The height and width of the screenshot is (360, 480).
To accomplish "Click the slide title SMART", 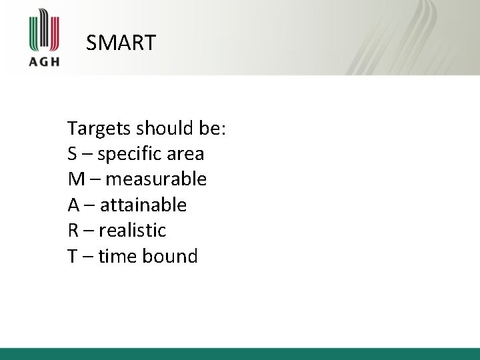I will (121, 43).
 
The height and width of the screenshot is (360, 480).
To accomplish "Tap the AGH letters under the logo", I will (45, 61).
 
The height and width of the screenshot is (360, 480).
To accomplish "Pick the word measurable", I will (156, 179).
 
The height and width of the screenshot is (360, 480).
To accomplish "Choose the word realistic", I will (133, 231).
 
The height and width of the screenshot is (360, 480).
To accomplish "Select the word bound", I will (169, 256).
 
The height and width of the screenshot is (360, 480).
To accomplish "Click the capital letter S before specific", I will (72, 155).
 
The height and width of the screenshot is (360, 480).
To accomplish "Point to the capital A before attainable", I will (73, 205).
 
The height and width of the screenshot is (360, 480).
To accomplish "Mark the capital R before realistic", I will (73, 231).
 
